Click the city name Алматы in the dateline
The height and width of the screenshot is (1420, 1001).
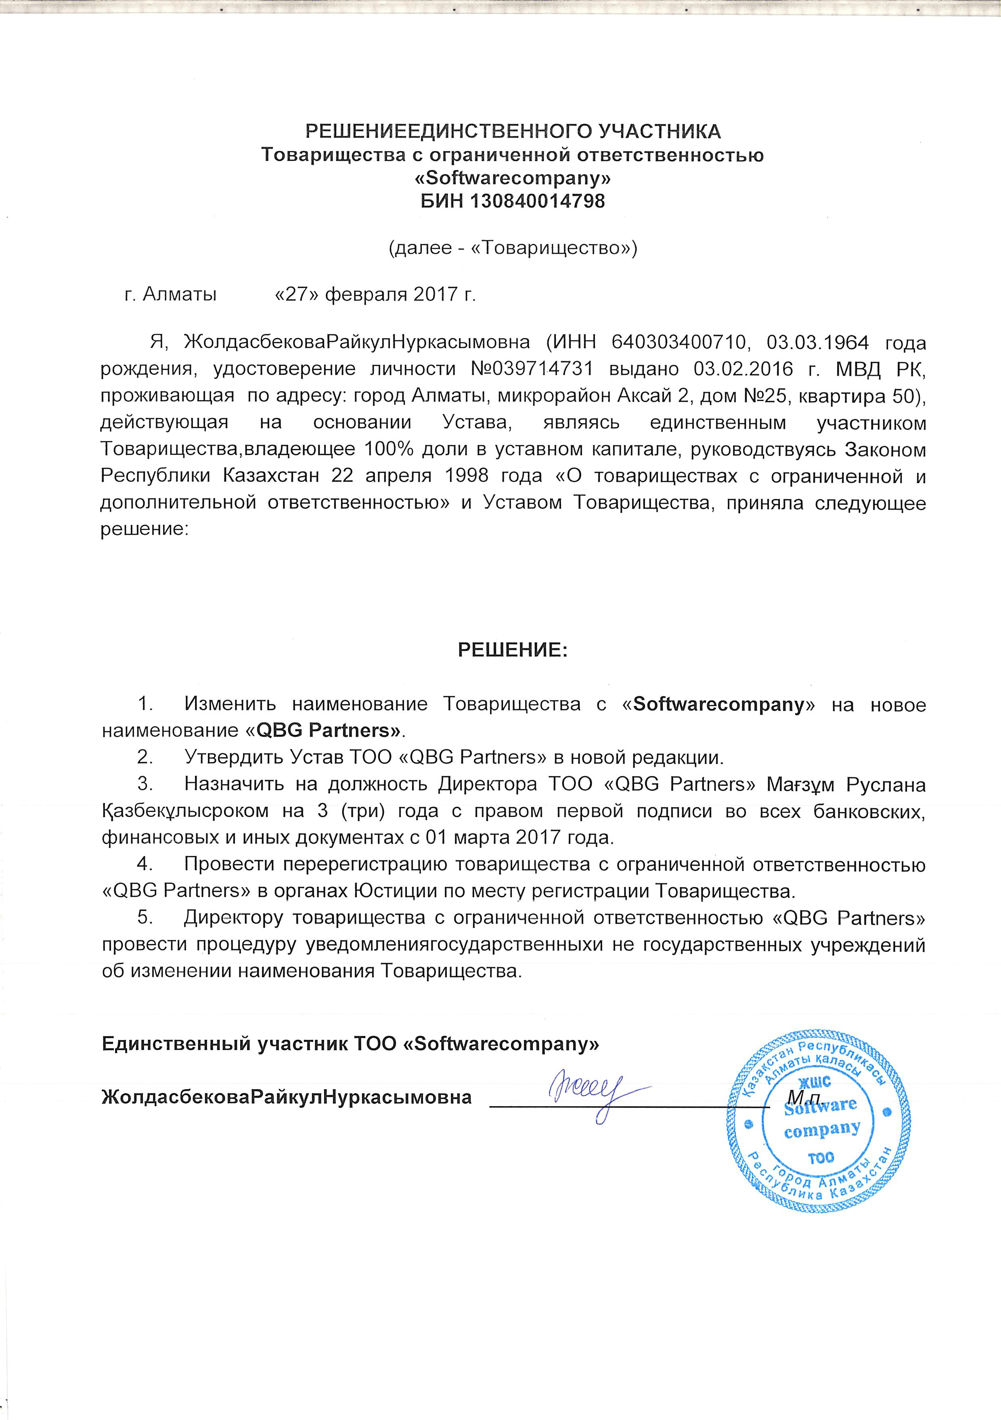click(x=179, y=294)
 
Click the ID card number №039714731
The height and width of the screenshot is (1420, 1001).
click(x=532, y=369)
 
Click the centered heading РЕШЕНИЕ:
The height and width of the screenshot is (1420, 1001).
click(x=512, y=650)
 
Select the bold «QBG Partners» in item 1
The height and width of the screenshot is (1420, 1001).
click(x=327, y=731)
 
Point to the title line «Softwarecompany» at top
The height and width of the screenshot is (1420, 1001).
click(x=512, y=178)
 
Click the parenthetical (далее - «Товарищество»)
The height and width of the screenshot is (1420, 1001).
click(x=512, y=248)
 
